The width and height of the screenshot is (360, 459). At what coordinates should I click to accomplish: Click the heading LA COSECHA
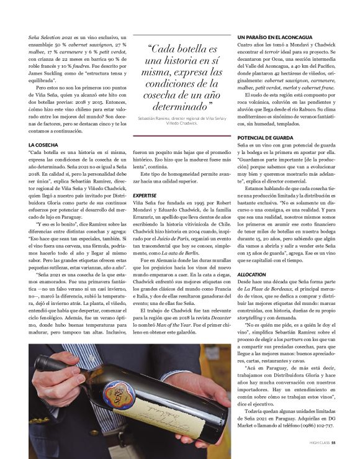43,145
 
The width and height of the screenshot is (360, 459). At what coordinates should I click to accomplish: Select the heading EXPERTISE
145,195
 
